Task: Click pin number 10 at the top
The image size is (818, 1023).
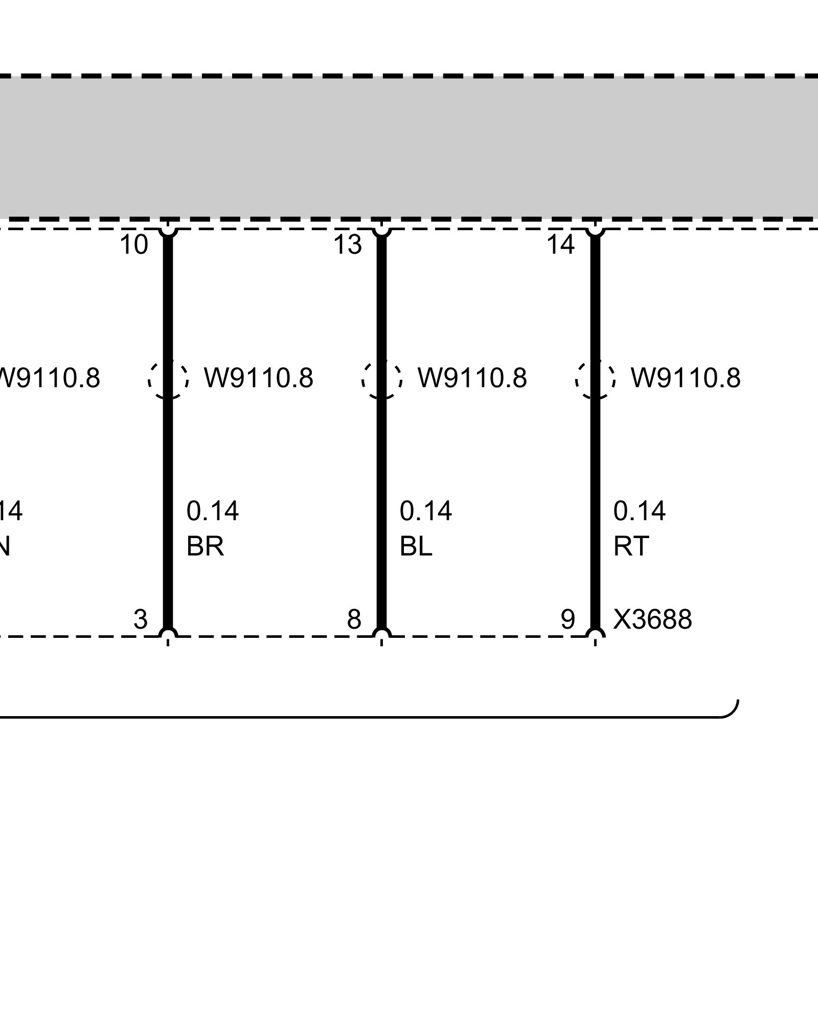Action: click(134, 244)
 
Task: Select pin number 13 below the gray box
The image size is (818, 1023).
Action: click(348, 244)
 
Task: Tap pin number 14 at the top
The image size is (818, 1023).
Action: click(561, 244)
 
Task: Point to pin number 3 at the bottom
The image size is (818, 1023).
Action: click(140, 620)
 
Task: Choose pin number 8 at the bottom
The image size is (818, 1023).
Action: click(354, 620)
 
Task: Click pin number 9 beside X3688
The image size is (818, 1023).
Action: click(567, 620)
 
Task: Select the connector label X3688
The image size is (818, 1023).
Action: click(652, 620)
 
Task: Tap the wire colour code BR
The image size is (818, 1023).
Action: click(205, 547)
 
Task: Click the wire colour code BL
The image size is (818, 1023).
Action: click(416, 547)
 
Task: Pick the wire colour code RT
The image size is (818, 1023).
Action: click(631, 547)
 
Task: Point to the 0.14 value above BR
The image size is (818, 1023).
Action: click(213, 511)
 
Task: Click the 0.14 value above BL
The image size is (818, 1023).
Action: click(426, 511)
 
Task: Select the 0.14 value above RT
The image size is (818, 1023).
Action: click(640, 511)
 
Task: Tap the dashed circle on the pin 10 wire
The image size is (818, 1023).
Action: click(168, 379)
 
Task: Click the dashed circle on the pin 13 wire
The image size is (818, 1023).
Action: click(381, 379)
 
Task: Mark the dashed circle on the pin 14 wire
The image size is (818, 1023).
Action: click(595, 379)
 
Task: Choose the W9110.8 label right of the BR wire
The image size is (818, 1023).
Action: click(259, 379)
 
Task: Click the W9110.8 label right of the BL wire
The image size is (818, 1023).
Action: click(472, 379)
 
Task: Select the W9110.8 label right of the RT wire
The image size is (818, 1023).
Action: click(686, 379)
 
